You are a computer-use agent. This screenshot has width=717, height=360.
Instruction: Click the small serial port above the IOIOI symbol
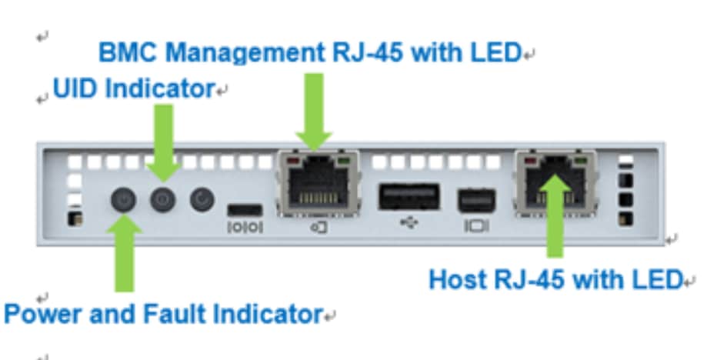245,209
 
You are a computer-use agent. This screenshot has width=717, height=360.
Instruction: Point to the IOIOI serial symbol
245,228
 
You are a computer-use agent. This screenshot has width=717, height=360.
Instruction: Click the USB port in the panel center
409,197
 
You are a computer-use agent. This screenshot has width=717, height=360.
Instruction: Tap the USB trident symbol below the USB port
409,227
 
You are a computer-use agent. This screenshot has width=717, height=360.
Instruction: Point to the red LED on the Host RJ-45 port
527,162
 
